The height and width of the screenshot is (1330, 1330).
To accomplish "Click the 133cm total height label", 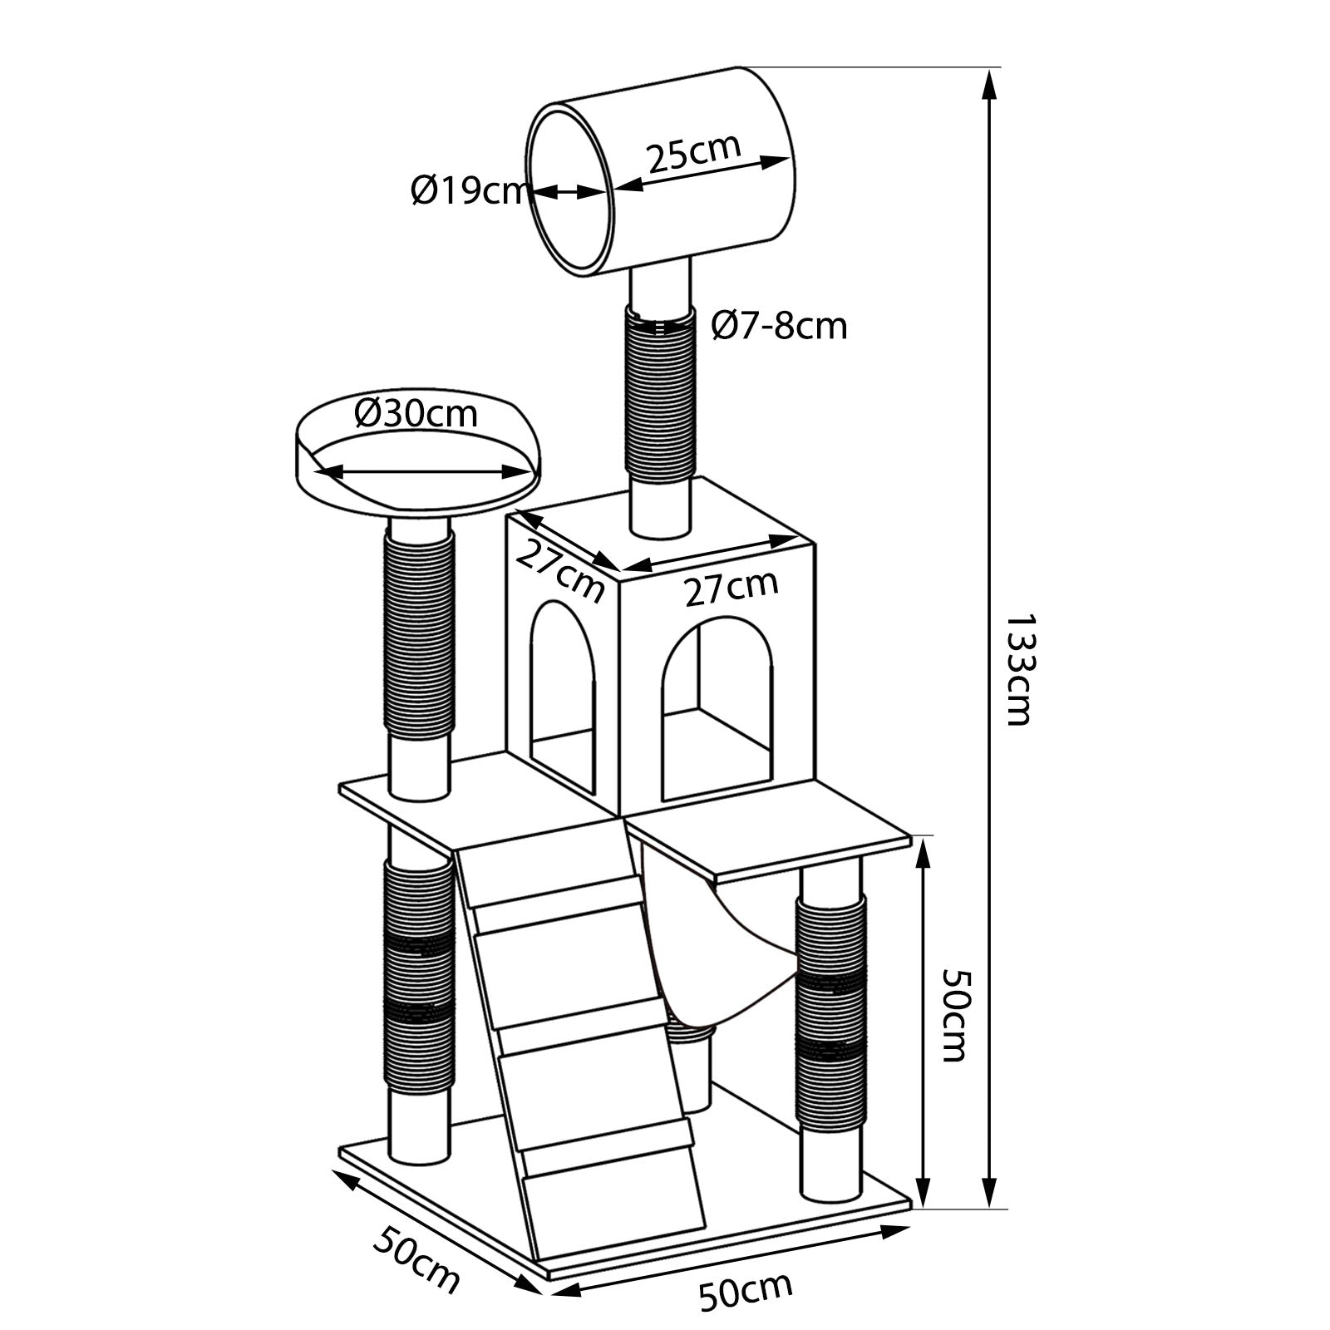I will click(x=1019, y=669).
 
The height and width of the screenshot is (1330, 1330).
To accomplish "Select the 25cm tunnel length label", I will click(x=693, y=152).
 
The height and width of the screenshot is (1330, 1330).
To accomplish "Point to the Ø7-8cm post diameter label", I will click(x=779, y=325).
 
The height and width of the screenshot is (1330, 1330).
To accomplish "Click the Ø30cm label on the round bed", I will click(x=416, y=413).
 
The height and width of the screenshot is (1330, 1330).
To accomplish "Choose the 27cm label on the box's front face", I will click(x=731, y=588).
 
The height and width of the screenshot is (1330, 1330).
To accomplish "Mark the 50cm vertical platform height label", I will click(x=953, y=1015).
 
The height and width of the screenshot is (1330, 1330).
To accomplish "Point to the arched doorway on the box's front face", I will click(x=717, y=707).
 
